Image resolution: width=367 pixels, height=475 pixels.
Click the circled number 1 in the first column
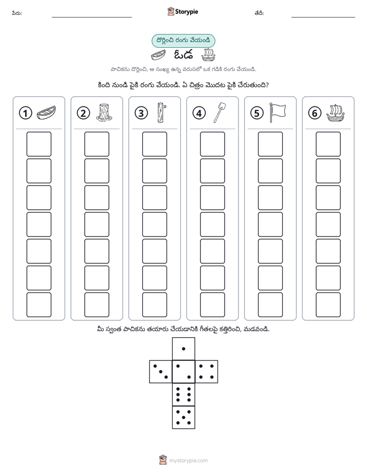pos(25,113)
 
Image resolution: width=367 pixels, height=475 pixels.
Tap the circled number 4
pos(199,113)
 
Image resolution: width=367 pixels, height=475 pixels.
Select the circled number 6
pos(315,113)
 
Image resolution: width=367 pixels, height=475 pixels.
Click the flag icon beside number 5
pos(278,113)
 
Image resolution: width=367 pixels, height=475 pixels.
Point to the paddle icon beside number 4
pos(220,113)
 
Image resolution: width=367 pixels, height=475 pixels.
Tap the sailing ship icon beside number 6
pos(336,113)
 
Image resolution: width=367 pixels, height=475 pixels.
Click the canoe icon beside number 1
pos(46,113)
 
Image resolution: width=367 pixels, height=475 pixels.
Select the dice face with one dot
pos(183,349)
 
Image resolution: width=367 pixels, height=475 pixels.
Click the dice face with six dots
pos(183,394)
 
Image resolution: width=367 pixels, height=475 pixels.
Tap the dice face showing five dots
pos(183,417)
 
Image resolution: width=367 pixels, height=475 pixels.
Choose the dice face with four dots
pos(207,372)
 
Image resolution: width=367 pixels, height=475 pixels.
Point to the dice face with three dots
pos(161,372)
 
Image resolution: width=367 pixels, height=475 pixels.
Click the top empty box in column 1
pos(39,144)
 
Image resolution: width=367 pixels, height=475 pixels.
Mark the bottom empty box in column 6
pos(328,305)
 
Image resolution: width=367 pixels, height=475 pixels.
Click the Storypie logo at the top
pos(182,12)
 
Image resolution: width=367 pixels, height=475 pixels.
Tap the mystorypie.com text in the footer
pos(188,461)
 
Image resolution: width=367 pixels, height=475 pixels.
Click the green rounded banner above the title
pos(183,41)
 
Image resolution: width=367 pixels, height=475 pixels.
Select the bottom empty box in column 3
pos(154,305)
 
